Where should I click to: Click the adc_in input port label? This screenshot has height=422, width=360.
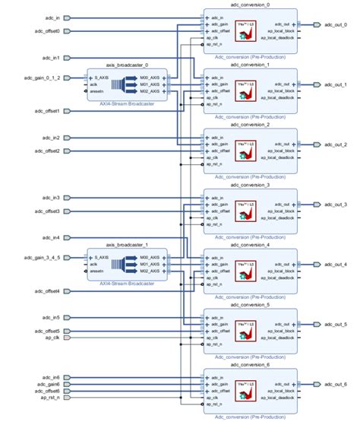coord(52,17)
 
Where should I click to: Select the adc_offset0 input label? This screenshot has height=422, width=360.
coord(47,31)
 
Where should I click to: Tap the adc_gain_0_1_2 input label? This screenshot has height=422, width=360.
coord(43,78)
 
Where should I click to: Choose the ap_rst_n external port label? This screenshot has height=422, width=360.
coord(49,397)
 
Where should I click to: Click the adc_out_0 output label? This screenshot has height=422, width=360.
coord(335,25)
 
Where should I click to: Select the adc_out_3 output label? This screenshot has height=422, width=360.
coord(335,205)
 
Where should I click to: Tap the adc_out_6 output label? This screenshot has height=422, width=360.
coord(335,384)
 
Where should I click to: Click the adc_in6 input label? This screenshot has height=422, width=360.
coord(50,377)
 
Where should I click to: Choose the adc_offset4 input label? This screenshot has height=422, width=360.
coord(47,291)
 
